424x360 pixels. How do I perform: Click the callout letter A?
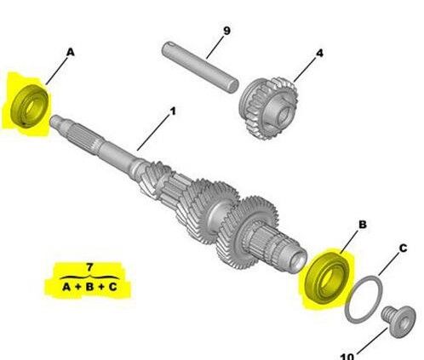(x=71, y=53)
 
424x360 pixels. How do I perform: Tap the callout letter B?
(x=363, y=225)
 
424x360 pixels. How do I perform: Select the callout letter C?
(x=403, y=249)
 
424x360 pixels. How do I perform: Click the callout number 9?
(x=226, y=31)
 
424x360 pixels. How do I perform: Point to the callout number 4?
(x=319, y=53)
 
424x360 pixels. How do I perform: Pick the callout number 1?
(x=173, y=111)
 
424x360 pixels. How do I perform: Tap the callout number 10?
(x=347, y=357)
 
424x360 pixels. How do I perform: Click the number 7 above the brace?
(x=89, y=267)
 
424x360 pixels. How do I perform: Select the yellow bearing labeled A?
(x=30, y=106)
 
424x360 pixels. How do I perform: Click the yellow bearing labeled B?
(x=326, y=275)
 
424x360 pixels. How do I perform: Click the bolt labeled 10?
(x=399, y=322)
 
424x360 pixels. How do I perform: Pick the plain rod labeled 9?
(x=200, y=67)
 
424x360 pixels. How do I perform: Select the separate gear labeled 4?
(x=267, y=108)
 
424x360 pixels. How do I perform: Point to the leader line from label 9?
(x=215, y=47)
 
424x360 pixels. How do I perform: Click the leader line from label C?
(x=388, y=265)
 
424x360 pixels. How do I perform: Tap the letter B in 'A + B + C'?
(x=89, y=287)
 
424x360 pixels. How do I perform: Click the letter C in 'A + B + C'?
(x=113, y=287)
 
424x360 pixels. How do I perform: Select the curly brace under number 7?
(x=89, y=277)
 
